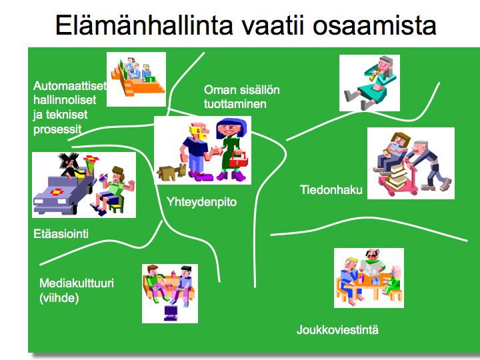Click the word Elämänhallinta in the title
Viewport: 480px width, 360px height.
coord(144,25)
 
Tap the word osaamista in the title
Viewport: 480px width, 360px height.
coord(374,25)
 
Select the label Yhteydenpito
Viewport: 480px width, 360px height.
coord(201,202)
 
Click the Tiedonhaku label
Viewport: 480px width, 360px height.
coord(331,190)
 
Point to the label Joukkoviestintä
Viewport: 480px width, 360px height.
coord(337,330)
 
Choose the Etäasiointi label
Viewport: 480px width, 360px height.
coord(61,234)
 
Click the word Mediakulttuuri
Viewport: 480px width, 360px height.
coord(77,283)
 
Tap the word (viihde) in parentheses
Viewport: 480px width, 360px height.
coord(59,298)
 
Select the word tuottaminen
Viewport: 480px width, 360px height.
coord(235,104)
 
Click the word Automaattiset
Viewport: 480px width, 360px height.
coord(70,86)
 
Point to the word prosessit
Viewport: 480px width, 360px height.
coord(57,129)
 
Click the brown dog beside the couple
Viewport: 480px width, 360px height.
coord(172,173)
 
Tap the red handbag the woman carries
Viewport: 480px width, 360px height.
coord(237,159)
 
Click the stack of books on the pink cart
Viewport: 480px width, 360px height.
coord(397,177)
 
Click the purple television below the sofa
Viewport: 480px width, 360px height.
coord(171,313)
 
